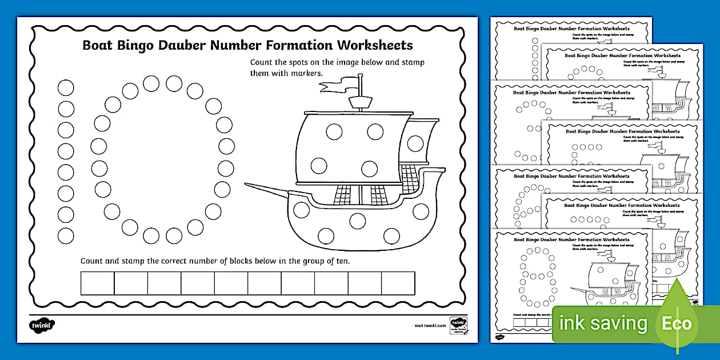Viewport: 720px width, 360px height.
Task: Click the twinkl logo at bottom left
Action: coord(42,325)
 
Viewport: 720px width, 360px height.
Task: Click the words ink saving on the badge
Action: coord(603,324)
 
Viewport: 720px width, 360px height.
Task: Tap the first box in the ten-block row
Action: coord(97,283)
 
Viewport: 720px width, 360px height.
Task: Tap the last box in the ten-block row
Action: coord(398,283)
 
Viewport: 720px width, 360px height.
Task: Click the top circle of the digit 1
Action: coord(66,87)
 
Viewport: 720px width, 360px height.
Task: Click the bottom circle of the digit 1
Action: coord(66,235)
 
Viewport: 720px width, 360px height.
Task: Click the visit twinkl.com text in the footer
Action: coord(430,325)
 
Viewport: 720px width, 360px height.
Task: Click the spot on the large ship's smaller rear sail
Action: coord(415,143)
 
